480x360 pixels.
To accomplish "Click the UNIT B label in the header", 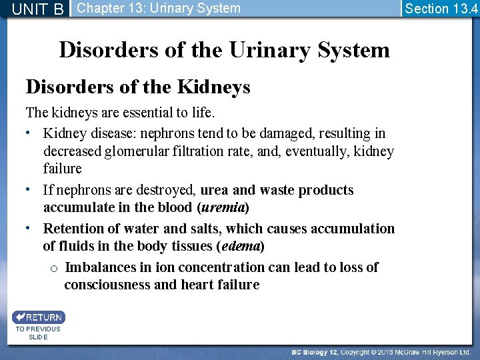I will click(37, 9).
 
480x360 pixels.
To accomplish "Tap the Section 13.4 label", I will click(441, 9).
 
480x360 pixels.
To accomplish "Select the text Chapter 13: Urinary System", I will click(159, 9).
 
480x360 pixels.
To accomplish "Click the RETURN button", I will click(39, 317).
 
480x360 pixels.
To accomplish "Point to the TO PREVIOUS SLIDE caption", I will click(38, 333).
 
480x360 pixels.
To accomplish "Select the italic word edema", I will click(241, 246).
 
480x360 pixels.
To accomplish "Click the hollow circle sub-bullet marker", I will click(53, 268).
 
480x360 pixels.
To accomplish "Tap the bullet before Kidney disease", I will click(31, 132).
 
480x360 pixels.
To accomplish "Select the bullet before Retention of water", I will click(31, 227).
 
